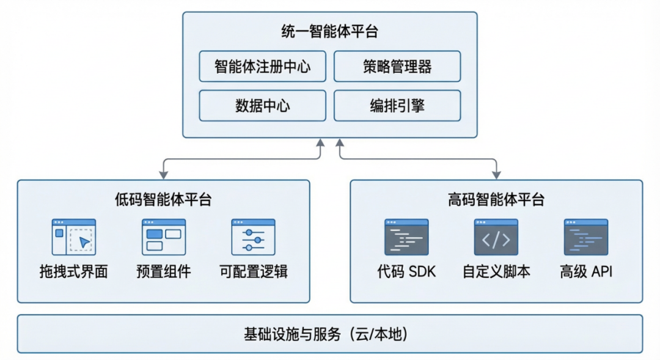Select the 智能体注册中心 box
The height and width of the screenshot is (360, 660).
263,67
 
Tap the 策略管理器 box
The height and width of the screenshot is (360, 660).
397,67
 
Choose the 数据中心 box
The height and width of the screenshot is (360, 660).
263,106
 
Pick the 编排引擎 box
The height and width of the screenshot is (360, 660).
397,106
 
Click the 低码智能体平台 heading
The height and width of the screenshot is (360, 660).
163,200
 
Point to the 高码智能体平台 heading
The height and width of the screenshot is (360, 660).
496,200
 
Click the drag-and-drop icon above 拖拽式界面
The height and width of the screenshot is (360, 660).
74,237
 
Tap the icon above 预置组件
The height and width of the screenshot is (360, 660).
164,237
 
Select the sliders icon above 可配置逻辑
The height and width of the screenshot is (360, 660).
253,237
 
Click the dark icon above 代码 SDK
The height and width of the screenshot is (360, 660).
406,237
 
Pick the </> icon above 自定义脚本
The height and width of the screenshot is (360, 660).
496,237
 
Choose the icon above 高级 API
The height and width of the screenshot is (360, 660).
585,237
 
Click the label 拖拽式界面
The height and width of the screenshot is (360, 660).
74,272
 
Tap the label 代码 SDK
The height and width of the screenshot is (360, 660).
406,272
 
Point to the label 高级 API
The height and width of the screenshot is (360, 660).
585,272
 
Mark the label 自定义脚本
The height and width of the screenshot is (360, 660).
496,272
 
